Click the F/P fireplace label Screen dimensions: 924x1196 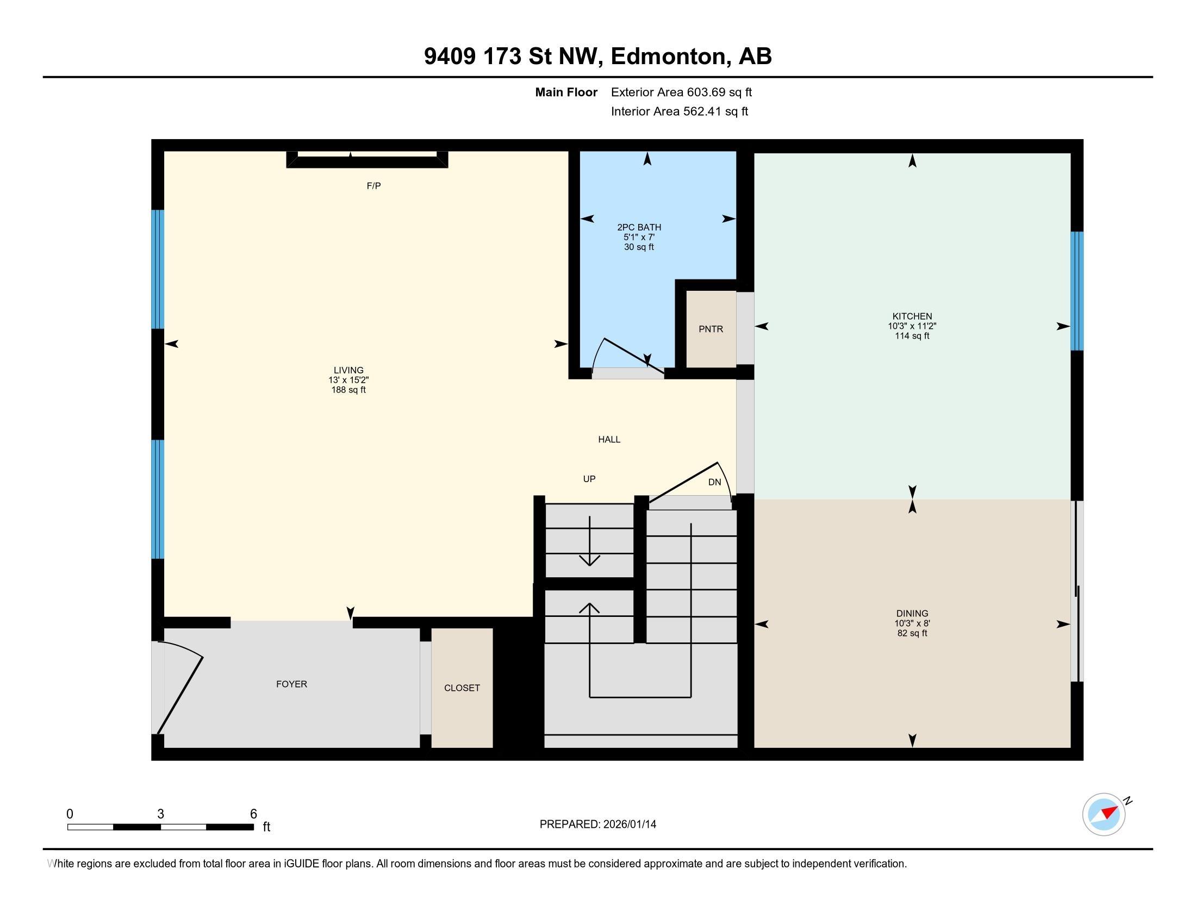[x=373, y=186]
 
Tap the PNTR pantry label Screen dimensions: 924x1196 [x=711, y=329]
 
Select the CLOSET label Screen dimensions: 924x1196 [x=462, y=688]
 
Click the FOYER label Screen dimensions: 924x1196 [x=291, y=684]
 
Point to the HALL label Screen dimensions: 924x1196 [x=609, y=440]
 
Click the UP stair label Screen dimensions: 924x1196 [x=589, y=479]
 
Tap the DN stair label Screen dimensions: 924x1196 [x=714, y=482]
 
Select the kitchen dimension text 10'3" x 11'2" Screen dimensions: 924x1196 [x=912, y=326]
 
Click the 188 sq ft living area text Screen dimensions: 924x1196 [x=348, y=390]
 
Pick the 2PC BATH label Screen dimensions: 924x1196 [x=639, y=227]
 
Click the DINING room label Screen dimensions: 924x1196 [x=912, y=614]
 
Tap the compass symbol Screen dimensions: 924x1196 [x=1104, y=814]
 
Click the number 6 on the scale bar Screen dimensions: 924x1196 [x=253, y=814]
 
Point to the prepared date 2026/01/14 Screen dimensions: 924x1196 [x=628, y=825]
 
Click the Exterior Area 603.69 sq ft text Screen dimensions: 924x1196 [x=681, y=92]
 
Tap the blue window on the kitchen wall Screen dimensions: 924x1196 [x=1076, y=291]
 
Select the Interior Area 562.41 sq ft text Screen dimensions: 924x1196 [x=679, y=111]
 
